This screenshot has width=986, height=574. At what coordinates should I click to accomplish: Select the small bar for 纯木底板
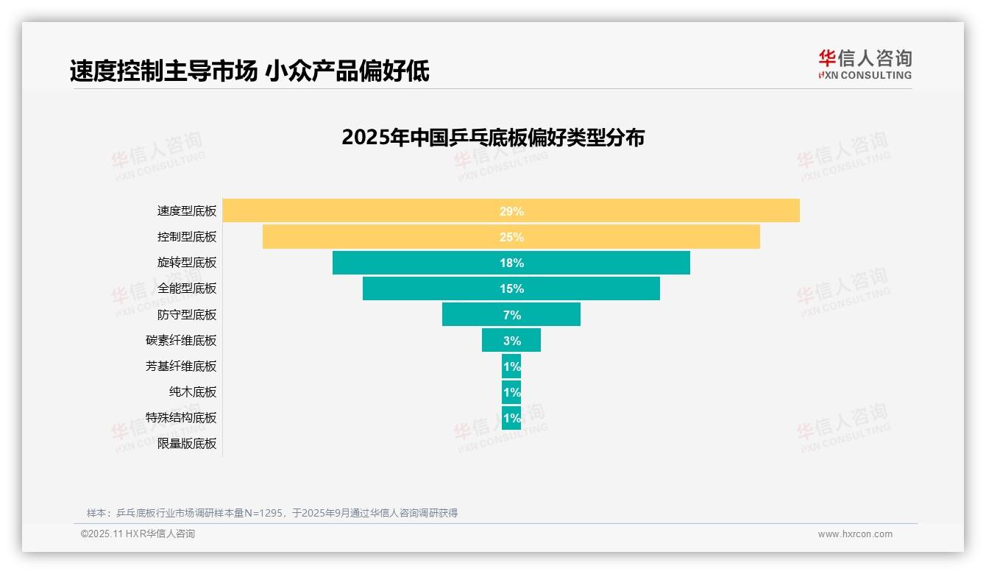click(x=511, y=391)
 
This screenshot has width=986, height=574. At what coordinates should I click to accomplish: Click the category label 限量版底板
click(x=187, y=444)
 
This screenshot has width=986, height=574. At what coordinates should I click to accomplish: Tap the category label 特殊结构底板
click(x=181, y=417)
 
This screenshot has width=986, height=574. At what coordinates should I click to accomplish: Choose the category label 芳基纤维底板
click(x=181, y=366)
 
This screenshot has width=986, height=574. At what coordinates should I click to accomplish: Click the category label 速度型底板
click(x=187, y=210)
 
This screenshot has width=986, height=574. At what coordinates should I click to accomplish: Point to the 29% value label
click(x=511, y=211)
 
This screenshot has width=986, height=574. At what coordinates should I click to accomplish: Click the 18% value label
click(x=511, y=263)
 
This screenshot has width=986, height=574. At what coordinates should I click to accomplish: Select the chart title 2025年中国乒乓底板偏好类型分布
click(x=492, y=138)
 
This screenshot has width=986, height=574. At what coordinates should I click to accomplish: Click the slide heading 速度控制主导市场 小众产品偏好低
click(x=249, y=71)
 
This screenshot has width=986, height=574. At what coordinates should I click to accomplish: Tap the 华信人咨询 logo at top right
click(x=865, y=65)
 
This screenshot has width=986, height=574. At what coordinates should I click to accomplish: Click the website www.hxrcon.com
click(x=855, y=534)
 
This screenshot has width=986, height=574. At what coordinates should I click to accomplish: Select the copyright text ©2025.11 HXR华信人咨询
click(x=138, y=534)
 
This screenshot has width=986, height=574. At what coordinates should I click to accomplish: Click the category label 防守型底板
click(x=187, y=314)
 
